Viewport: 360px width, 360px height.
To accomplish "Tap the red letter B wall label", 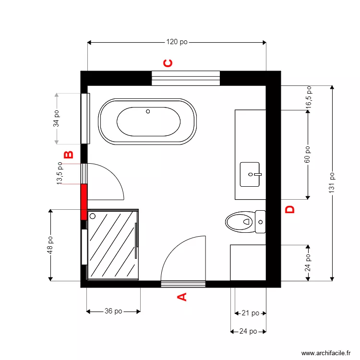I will pyautogui.click(x=69, y=155).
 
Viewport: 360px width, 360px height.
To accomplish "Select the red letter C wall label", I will pyautogui.click(x=168, y=63).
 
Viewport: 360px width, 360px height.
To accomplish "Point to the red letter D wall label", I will pyautogui.click(x=290, y=209).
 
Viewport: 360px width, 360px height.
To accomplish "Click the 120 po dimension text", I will pyautogui.click(x=177, y=42).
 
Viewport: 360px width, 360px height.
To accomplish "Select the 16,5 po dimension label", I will pyautogui.click(x=308, y=97).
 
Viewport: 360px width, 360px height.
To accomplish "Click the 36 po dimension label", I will pyautogui.click(x=113, y=311).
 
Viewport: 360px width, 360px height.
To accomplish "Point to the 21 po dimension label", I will pyautogui.click(x=250, y=313).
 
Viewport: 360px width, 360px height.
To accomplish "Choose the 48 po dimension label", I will pyautogui.click(x=50, y=245).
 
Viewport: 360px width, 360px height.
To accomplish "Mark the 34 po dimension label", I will pyautogui.click(x=56, y=118).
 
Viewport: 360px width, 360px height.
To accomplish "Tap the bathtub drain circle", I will pyautogui.click(x=148, y=112).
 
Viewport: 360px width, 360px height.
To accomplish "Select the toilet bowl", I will pyautogui.click(x=239, y=222).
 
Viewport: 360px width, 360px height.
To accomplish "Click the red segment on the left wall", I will pyautogui.click(x=84, y=202).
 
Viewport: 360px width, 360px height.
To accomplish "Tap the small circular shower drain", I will pyautogui.click(x=92, y=216).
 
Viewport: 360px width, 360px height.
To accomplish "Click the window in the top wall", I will pyautogui.click(x=186, y=78).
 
